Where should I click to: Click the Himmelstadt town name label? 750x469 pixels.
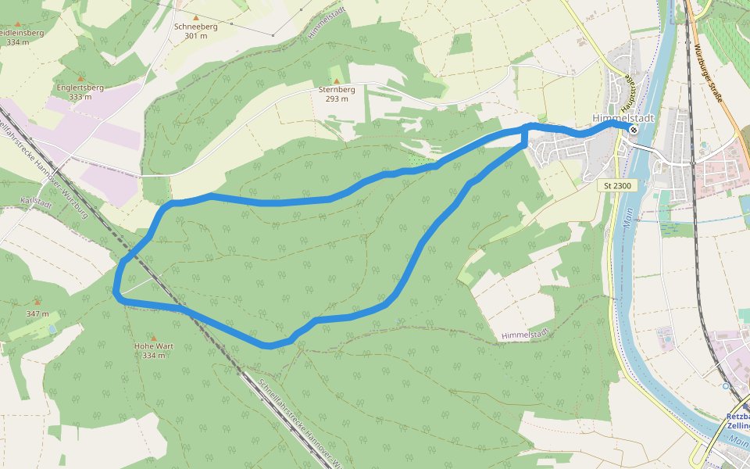point(623,117)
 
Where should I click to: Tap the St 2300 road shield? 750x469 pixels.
point(618,186)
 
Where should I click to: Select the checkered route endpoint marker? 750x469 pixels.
point(633,130)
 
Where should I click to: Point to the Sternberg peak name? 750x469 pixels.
point(337,90)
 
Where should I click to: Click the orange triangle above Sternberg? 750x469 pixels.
point(337,81)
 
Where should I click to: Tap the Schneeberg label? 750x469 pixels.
point(196,27)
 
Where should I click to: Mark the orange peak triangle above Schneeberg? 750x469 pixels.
point(196,17)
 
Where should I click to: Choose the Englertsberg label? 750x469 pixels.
point(80,88)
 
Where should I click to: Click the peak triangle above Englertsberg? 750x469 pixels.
point(80,79)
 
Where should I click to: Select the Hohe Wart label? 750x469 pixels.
point(154,346)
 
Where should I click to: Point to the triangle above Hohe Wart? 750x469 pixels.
point(153,337)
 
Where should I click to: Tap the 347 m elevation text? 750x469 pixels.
point(37,314)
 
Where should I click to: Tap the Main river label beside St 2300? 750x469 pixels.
point(627,218)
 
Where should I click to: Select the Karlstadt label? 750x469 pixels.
point(36,203)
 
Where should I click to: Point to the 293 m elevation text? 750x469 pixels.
point(337,99)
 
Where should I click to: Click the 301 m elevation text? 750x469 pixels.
point(196,36)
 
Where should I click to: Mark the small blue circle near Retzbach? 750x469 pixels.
point(725,385)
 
